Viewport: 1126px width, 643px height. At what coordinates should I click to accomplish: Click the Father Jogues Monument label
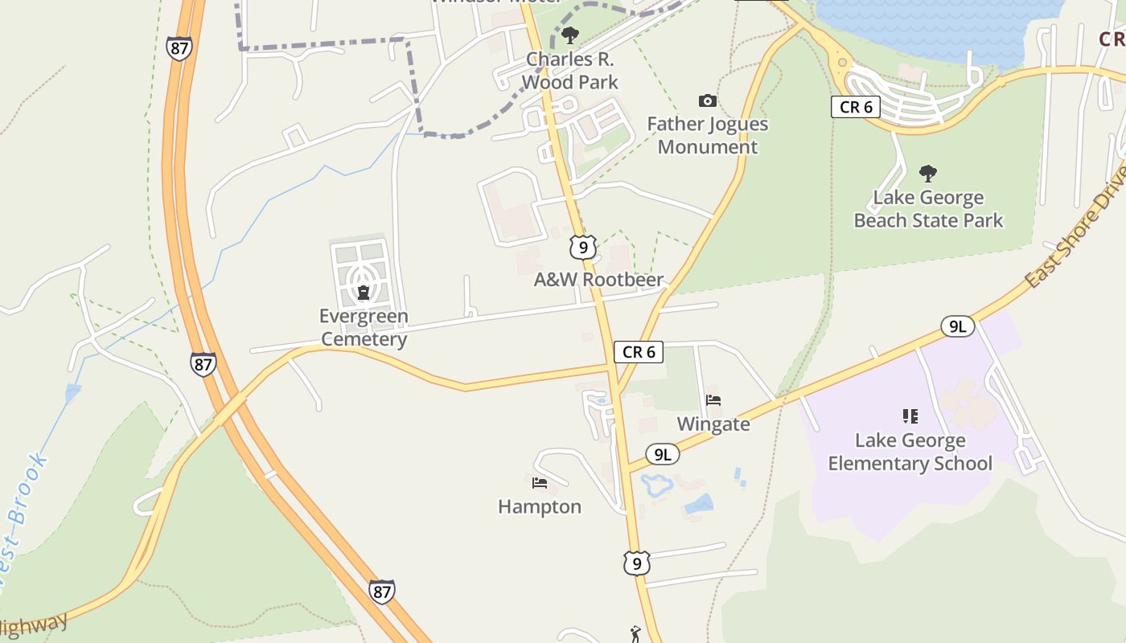coord(708,135)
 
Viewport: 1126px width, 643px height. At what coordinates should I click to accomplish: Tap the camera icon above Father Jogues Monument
coord(708,100)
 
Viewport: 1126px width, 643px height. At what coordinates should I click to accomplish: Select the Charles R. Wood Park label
coord(570,71)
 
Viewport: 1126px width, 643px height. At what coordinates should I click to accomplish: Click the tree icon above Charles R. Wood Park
coord(570,35)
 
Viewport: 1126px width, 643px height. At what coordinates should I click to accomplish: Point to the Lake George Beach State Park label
coord(928,209)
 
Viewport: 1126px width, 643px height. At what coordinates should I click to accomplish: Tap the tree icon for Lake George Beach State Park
coord(928,173)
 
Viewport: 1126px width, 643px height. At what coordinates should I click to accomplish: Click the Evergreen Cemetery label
coord(364,327)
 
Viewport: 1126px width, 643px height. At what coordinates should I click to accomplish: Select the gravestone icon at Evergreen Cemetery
coord(364,292)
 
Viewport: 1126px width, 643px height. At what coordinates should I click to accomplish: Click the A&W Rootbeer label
coord(599,280)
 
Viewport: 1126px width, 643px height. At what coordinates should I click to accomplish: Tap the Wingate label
coord(713,424)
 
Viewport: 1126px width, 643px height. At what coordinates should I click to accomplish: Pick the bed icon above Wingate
coord(713,399)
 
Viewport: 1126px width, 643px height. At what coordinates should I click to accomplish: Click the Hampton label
coord(540,506)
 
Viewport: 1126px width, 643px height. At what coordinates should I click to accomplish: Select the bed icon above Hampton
coord(540,483)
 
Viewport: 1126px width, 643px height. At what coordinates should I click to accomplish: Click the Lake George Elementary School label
coord(910,452)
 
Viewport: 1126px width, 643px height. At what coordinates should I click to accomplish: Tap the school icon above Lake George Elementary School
coord(910,416)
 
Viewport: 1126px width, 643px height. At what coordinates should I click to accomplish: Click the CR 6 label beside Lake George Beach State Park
coord(855,107)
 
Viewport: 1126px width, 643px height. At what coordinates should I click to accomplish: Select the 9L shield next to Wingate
coord(662,455)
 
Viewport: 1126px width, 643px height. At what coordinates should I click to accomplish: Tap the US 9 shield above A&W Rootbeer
coord(583,247)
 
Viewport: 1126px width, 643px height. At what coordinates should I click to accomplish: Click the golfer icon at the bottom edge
coord(635,634)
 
